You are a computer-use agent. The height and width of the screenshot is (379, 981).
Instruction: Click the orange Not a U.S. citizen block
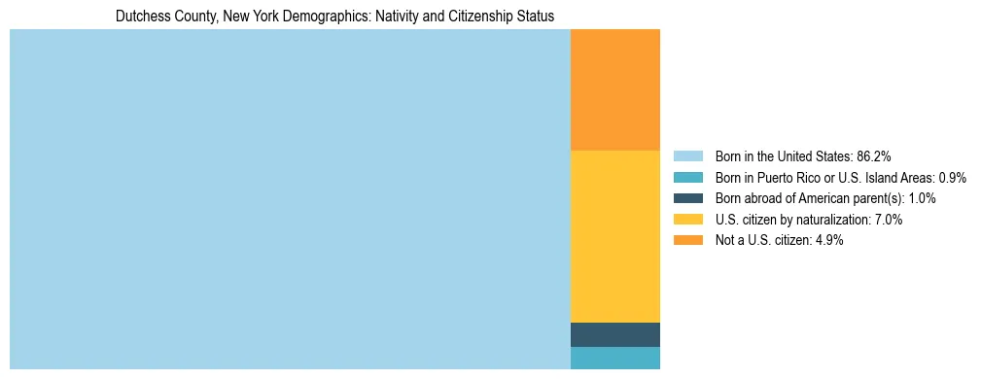[x=614, y=89]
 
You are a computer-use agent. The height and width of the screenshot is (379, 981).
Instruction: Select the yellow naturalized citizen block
[x=614, y=236]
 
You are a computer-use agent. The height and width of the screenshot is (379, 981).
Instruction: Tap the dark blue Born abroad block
[x=614, y=334]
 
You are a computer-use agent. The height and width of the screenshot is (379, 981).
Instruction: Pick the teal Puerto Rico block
[x=614, y=358]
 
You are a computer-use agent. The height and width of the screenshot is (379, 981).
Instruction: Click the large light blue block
[x=290, y=199]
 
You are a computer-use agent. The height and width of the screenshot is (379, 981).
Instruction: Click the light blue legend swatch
[x=687, y=155]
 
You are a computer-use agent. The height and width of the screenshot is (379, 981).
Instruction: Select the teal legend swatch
[x=687, y=177]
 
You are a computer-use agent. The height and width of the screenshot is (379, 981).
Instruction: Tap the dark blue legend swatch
[x=687, y=198]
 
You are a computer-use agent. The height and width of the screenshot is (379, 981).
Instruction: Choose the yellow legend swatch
[x=687, y=220]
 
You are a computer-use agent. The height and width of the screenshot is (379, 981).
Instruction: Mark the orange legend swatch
[x=687, y=241]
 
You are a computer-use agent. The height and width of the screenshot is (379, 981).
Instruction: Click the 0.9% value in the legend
[x=952, y=177]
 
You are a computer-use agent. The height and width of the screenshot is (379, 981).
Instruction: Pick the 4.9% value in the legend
[x=827, y=241]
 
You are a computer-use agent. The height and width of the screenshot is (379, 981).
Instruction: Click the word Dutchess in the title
[x=141, y=17]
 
